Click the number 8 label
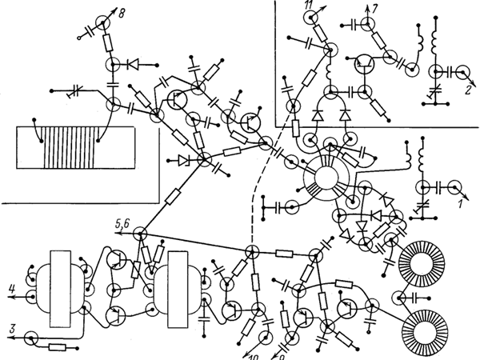click(122, 14)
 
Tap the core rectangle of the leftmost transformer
click(61, 290)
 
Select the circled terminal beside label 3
click(31, 338)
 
